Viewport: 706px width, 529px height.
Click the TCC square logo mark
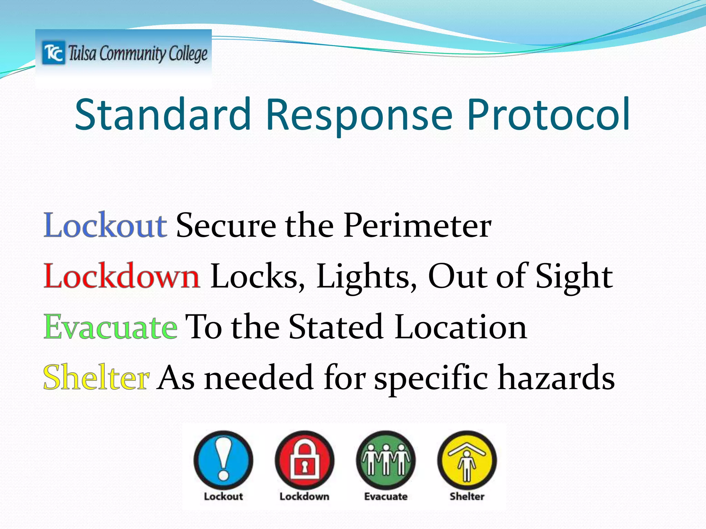pyautogui.click(x=53, y=53)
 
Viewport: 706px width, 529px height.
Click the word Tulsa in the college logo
pyautogui.click(x=82, y=54)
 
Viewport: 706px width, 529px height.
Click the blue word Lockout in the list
pyautogui.click(x=105, y=226)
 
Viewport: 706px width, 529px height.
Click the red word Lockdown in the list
pyautogui.click(x=121, y=277)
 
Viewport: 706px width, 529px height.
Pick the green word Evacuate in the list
pyautogui.click(x=111, y=327)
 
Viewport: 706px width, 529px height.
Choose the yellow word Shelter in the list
pyautogui.click(x=97, y=378)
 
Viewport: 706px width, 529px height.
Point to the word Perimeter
pyautogui.click(x=417, y=226)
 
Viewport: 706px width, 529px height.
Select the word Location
pyautogui.click(x=461, y=327)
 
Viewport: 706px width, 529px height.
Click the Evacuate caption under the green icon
pyautogui.click(x=386, y=496)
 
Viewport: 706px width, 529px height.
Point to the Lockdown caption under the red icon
pyautogui.click(x=304, y=496)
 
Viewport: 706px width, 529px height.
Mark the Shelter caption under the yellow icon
pyautogui.click(x=467, y=496)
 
